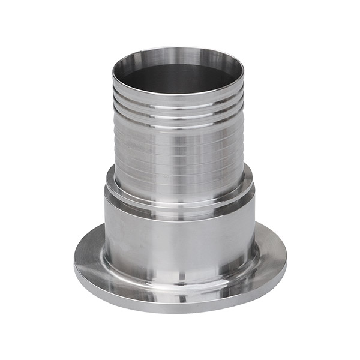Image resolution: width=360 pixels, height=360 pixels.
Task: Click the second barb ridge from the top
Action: [x=179, y=112]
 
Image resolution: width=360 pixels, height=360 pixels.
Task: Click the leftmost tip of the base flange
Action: [x=74, y=264]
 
